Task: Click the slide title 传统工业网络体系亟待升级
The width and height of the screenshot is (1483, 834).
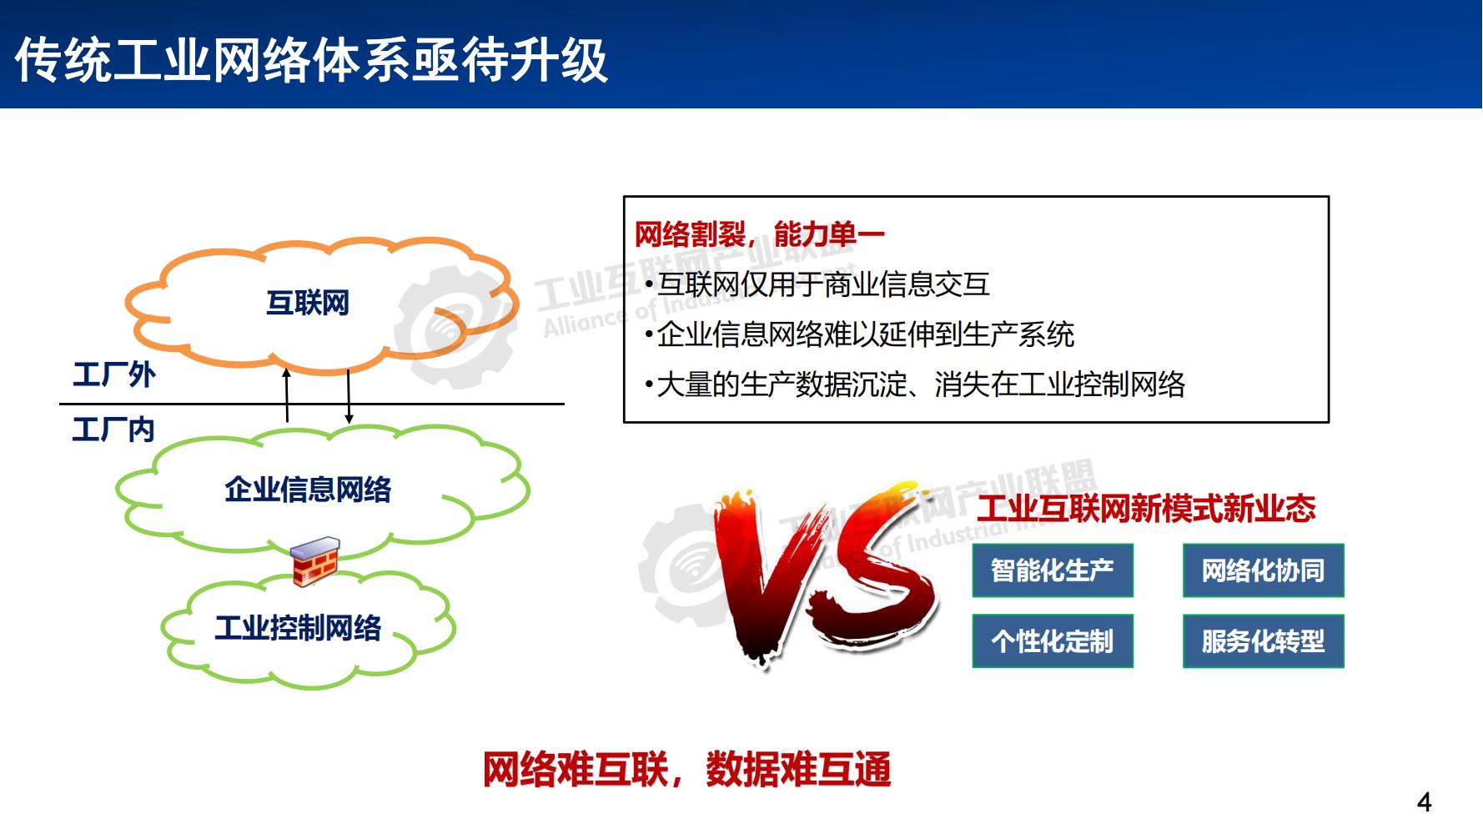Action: (310, 60)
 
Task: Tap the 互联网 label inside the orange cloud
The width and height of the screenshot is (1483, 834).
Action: (308, 303)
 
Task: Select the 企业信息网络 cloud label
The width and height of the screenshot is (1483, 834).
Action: (308, 490)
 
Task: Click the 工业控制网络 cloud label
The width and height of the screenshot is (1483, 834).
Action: (298, 627)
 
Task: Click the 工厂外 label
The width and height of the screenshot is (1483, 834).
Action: (114, 374)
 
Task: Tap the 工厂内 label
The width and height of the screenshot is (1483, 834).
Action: (113, 430)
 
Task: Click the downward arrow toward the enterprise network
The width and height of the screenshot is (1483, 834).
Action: (349, 395)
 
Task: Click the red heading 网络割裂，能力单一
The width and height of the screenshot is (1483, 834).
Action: (759, 234)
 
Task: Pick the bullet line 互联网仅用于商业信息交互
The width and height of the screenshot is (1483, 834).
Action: (822, 284)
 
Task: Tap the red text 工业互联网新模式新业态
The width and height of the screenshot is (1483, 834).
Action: (1146, 508)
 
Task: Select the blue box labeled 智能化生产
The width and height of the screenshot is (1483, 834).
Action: (1053, 570)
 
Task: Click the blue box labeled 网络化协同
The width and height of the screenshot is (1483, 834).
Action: (1263, 570)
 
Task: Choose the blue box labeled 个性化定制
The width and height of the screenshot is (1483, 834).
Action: (1053, 641)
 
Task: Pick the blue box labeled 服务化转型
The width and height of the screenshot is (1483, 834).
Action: (1263, 641)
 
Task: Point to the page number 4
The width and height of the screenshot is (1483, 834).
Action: (1424, 802)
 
